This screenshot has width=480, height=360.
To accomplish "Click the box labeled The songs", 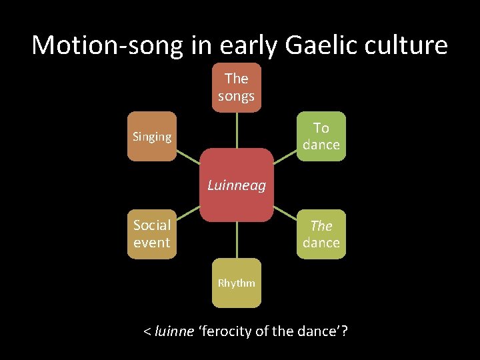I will pos(236,87).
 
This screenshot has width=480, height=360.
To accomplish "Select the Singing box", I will pos(152,137).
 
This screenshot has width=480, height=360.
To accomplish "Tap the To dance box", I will pos(321,136).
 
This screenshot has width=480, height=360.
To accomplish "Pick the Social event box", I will pos(152,234).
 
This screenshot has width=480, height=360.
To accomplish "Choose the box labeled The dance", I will pos(321,234).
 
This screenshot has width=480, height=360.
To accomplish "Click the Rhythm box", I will pos(236,283).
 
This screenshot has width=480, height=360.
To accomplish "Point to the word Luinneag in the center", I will pos(237,185).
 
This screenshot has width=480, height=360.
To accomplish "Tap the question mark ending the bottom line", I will pos(345,331).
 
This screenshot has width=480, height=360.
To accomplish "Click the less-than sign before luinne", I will pos(147,331).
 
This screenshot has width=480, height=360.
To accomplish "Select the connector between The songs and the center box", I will pos(237,130).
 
